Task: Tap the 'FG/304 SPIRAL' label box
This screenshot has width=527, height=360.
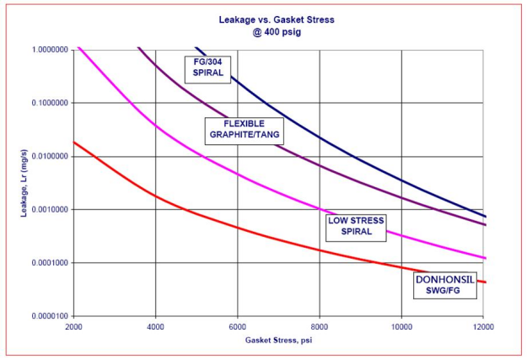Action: pyautogui.click(x=206, y=67)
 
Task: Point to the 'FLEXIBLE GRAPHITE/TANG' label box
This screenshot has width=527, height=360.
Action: pyautogui.click(x=242, y=129)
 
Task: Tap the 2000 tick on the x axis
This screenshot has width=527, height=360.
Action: pyautogui.click(x=73, y=326)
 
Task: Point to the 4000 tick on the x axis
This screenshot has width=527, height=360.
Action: pyautogui.click(x=155, y=326)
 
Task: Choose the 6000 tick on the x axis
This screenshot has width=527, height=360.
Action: pyautogui.click(x=238, y=326)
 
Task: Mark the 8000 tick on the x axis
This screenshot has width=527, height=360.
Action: pyautogui.click(x=320, y=326)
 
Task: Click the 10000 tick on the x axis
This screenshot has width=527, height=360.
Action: pyautogui.click(x=401, y=326)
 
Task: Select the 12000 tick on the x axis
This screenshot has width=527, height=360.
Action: pyautogui.click(x=483, y=326)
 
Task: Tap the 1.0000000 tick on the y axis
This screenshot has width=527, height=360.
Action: pyautogui.click(x=51, y=50)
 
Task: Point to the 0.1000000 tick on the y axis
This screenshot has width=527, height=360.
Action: pyautogui.click(x=51, y=103)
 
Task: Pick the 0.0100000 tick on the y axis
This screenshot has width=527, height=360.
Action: pyautogui.click(x=51, y=157)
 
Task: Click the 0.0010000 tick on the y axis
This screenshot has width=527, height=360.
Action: pyautogui.click(x=51, y=210)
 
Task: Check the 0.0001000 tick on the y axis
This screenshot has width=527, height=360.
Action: pyautogui.click(x=51, y=263)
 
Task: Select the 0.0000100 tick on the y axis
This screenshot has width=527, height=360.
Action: pyautogui.click(x=51, y=316)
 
